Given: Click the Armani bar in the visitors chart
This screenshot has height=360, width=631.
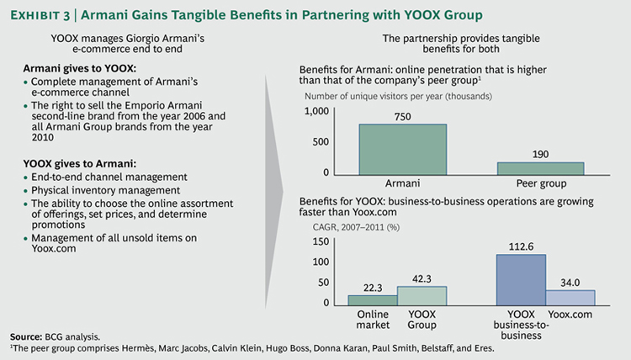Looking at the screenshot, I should [403, 149].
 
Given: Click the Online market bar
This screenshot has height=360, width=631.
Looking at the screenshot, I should [372, 299].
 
